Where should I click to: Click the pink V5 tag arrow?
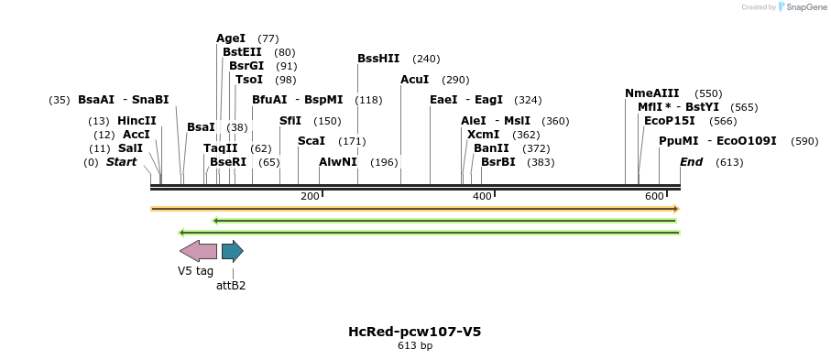click(x=198, y=251)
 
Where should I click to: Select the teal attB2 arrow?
click(x=232, y=251)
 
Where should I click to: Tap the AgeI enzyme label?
click(x=231, y=38)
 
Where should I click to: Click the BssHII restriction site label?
click(x=378, y=59)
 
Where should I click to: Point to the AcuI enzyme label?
click(x=415, y=80)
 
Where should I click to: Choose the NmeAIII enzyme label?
click(x=652, y=93)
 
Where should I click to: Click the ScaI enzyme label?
click(x=312, y=141)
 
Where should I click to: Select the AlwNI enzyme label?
click(x=338, y=162)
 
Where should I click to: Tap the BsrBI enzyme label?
click(x=498, y=162)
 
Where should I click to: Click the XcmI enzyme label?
click(x=483, y=135)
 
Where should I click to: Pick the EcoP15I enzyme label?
click(x=670, y=121)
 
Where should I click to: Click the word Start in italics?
click(x=121, y=162)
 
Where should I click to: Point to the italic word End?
click(x=691, y=162)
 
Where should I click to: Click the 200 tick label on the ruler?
click(x=310, y=197)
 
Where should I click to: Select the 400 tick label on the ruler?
click(x=482, y=197)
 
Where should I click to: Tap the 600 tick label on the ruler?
click(x=654, y=197)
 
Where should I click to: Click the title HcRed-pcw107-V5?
click(x=414, y=332)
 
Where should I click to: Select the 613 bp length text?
click(x=414, y=346)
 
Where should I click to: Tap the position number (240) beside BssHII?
click(x=426, y=59)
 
